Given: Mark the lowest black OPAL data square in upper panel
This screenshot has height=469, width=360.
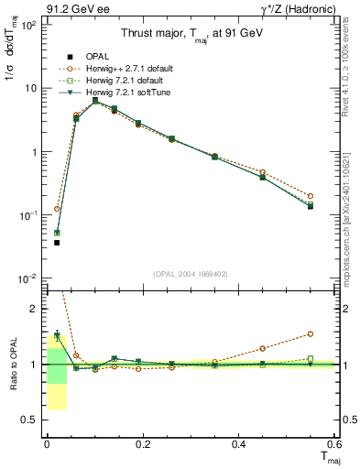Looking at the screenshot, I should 57,243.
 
